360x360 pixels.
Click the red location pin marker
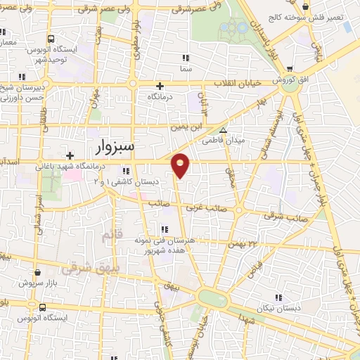pyautogui.click(x=181, y=165)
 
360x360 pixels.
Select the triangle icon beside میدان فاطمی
pyautogui.click(x=224, y=130)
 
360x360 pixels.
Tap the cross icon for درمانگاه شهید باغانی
pyautogui.click(x=70, y=155)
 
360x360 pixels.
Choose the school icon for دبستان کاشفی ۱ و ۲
pyautogui.click(x=126, y=171)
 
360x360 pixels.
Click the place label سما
pyautogui.click(x=186, y=70)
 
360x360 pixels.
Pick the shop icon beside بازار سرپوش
pyautogui.click(x=37, y=272)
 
